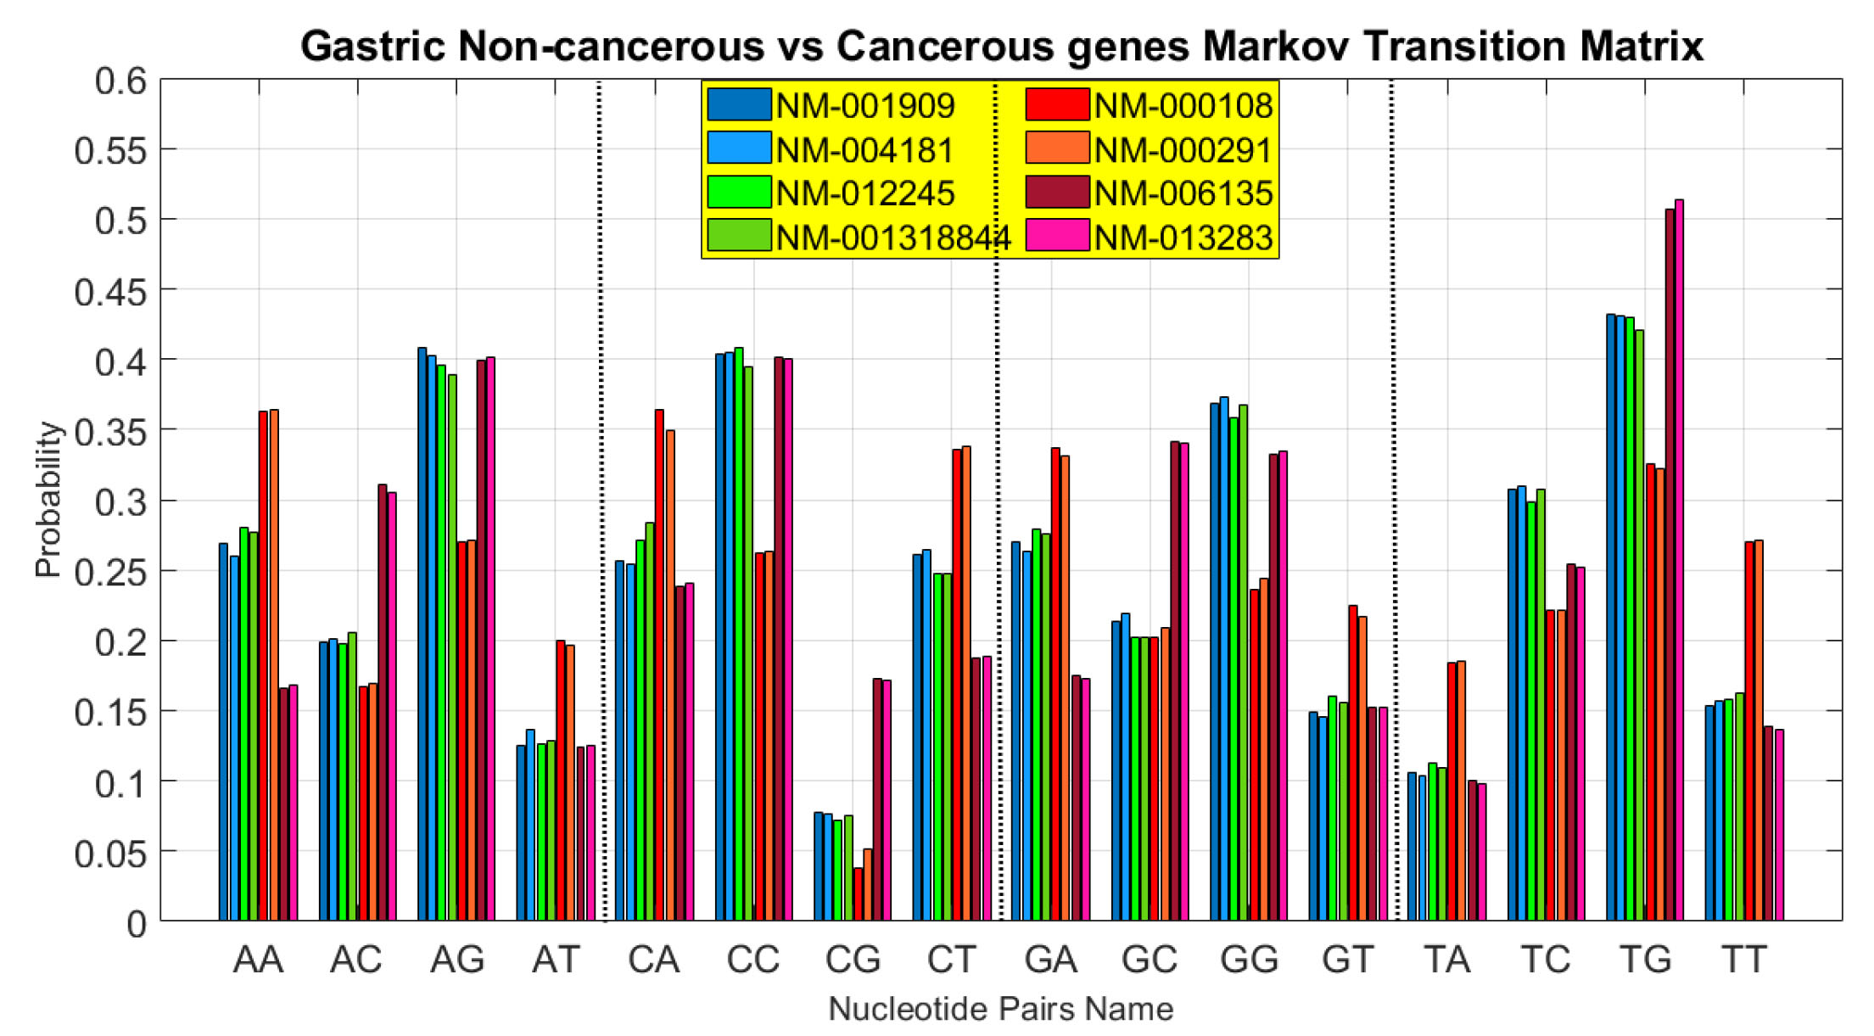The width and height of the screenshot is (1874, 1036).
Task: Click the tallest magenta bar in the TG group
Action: (1679, 560)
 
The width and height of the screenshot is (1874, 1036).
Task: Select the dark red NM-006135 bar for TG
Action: (1670, 565)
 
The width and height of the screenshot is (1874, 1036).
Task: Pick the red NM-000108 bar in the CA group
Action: (659, 665)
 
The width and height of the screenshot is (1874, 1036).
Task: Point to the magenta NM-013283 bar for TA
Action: (1482, 852)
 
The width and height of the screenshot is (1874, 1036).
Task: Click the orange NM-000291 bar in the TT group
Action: (1759, 730)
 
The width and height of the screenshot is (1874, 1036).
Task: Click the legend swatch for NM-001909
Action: (739, 104)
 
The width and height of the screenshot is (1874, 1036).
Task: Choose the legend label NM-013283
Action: (1183, 238)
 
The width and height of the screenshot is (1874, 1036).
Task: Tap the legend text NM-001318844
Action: (893, 238)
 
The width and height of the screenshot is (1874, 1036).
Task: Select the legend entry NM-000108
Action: (1183, 105)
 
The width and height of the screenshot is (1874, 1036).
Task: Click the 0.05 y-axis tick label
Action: (110, 853)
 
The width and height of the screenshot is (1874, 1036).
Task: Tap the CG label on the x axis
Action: (853, 960)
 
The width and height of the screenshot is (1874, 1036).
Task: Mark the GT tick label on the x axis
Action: (1347, 960)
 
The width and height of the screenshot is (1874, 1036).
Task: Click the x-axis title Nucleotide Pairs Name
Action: (1000, 1009)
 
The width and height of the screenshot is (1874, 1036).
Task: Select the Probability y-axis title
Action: (48, 501)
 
